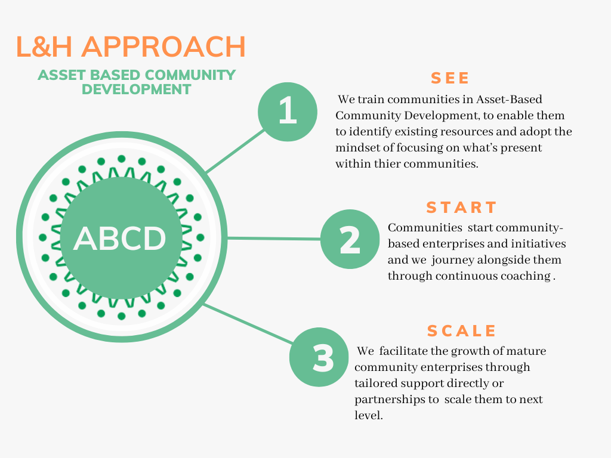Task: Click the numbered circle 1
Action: (288, 112)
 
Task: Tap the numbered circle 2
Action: (350, 239)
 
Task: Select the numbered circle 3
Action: (319, 357)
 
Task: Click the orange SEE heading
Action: (450, 78)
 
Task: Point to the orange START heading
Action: (461, 208)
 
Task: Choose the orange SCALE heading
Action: (462, 331)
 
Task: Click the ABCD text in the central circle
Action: (119, 239)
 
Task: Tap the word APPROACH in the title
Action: (163, 47)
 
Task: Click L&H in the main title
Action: (44, 47)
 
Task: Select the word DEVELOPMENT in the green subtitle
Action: (137, 89)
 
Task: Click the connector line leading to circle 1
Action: (236, 151)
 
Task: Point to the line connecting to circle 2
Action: (274, 238)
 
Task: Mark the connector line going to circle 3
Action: (249, 324)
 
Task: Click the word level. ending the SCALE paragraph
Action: (369, 416)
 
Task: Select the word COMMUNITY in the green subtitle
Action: (190, 75)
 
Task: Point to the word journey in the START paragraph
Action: (452, 260)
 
